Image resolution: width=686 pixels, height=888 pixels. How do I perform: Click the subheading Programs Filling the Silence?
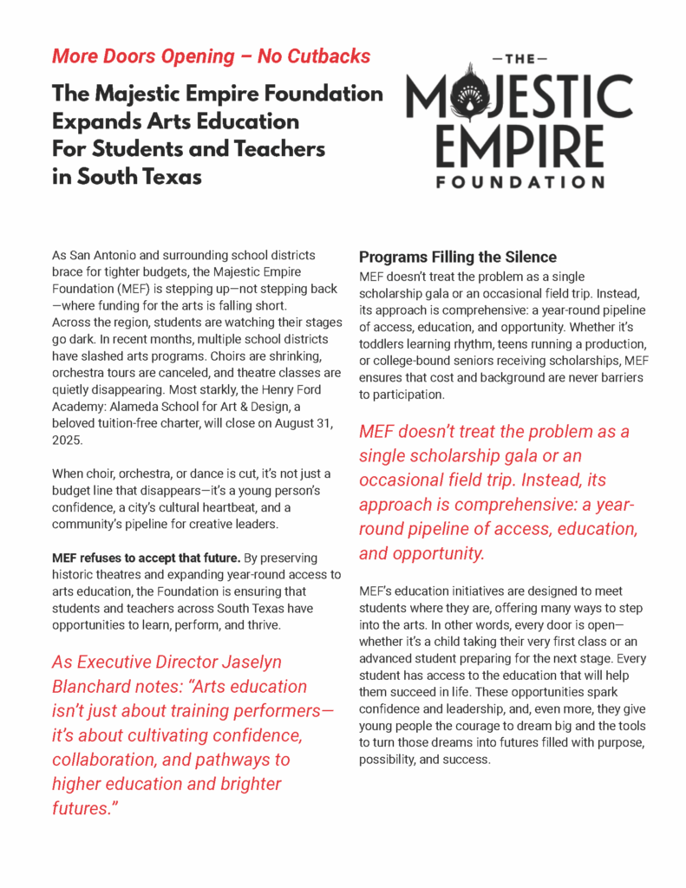tap(458, 258)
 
